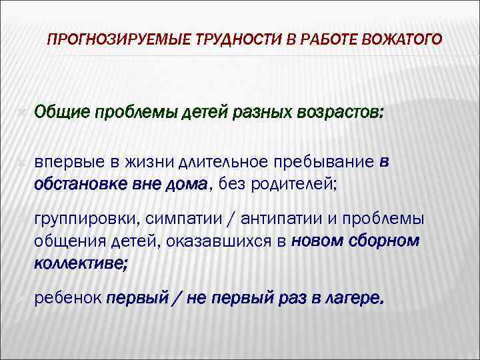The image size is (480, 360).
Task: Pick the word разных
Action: click(x=261, y=111)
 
